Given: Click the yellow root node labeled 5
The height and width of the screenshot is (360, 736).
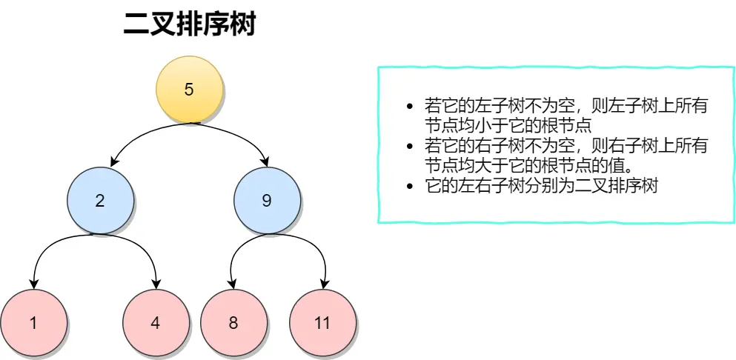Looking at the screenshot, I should click(x=189, y=90).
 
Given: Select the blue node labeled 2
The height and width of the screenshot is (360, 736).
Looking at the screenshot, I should click(x=101, y=200).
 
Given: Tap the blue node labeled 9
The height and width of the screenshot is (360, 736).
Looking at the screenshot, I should click(x=268, y=200).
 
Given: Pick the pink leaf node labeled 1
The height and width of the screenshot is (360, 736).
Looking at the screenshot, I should click(x=33, y=323).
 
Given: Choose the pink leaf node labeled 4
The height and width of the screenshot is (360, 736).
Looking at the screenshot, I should click(x=155, y=323).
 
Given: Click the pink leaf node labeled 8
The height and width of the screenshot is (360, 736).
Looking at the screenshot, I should click(x=233, y=323).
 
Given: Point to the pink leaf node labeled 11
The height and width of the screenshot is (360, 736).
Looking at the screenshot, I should click(x=322, y=323).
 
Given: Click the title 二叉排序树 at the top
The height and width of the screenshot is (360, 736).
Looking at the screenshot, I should click(x=189, y=24).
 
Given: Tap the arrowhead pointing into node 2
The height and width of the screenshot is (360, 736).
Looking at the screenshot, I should click(x=113, y=162).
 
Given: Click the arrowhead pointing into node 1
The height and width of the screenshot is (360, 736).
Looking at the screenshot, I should click(x=33, y=284).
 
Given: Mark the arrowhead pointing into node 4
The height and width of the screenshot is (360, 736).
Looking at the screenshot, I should click(x=156, y=284).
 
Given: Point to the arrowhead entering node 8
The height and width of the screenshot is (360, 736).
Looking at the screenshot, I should click(x=233, y=284).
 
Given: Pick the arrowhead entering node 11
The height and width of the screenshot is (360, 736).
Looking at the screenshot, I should click(x=324, y=284).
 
